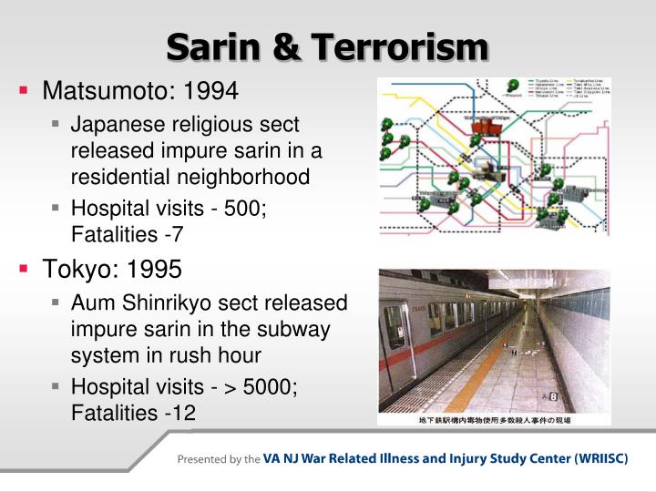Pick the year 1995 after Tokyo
coord(155,270)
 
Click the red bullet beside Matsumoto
coord(25,91)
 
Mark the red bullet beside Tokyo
coord(25,270)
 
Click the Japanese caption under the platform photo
coord(493,420)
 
